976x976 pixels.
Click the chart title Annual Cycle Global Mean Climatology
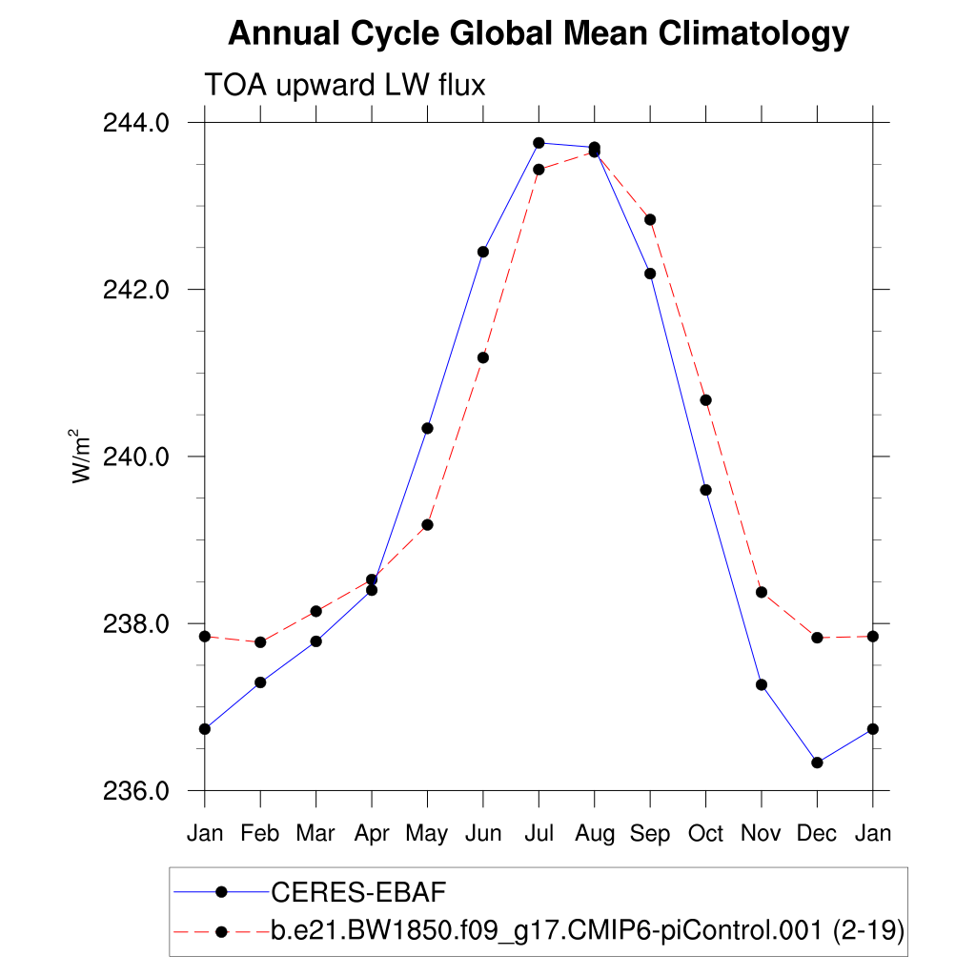539,34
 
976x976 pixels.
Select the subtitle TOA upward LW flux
345,86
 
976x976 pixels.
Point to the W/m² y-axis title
82,456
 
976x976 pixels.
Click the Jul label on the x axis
539,833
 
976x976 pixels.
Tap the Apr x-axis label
372,833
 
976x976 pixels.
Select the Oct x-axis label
706,833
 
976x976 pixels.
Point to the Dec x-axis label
817,833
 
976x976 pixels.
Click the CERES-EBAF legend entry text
359,892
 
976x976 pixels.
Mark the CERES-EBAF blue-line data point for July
539,143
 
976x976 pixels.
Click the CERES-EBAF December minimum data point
817,762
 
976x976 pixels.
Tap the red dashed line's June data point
483,357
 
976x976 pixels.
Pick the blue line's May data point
428,428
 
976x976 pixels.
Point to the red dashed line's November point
762,592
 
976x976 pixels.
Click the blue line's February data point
260,682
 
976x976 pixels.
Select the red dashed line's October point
706,399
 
